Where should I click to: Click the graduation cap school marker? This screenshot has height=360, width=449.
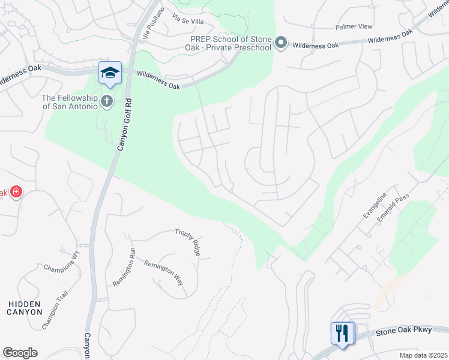[x=110, y=73]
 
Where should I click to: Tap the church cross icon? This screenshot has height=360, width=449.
[x=107, y=100]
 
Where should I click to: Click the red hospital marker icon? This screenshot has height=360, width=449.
[x=16, y=192]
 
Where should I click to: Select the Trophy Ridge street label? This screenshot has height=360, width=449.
[x=187, y=242]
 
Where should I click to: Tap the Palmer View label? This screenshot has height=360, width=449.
[x=354, y=27]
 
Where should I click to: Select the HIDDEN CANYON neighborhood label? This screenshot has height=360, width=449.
[x=25, y=308]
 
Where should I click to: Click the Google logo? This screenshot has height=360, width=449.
[x=20, y=353]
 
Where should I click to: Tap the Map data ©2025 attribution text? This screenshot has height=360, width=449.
[x=424, y=355]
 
